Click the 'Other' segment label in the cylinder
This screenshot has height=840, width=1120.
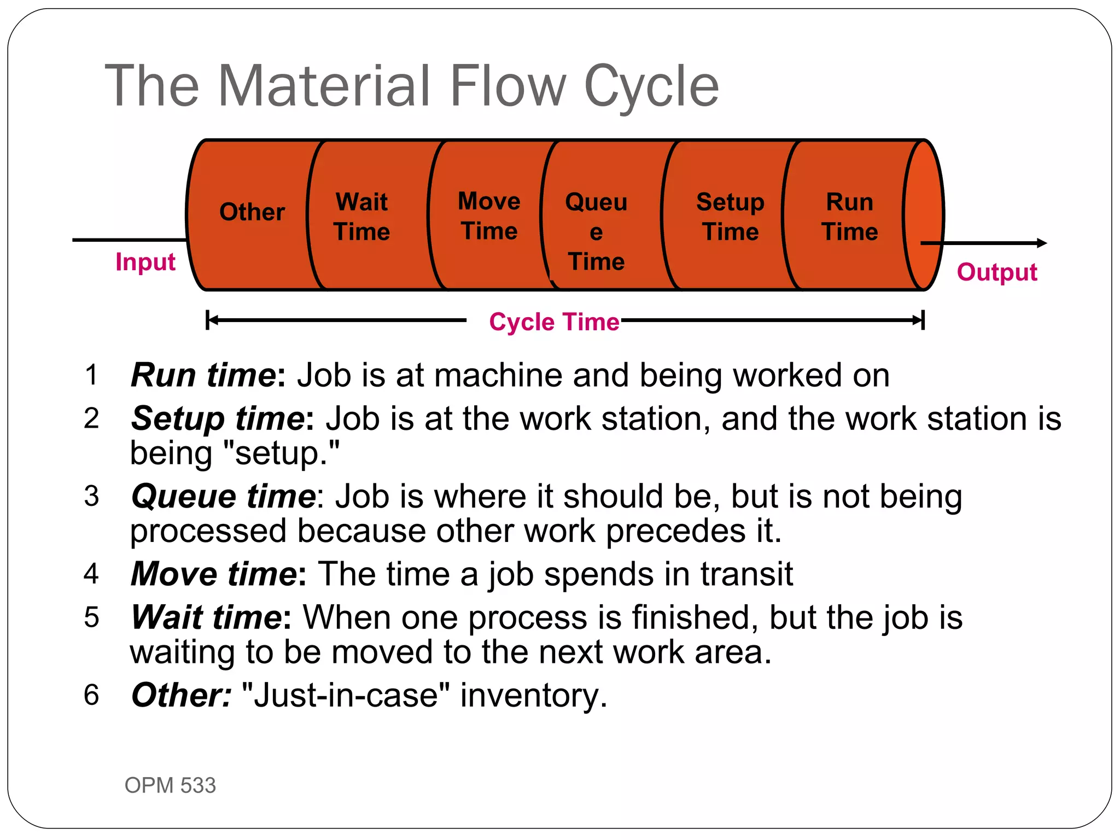click(252, 212)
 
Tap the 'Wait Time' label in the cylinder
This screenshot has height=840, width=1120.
click(361, 217)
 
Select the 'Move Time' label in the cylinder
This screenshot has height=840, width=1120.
click(489, 216)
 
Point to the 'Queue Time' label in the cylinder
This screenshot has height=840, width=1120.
click(596, 231)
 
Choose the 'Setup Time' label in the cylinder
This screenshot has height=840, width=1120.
click(730, 217)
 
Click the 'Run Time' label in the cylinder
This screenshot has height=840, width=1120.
click(849, 217)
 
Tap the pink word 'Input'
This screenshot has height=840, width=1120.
click(145, 262)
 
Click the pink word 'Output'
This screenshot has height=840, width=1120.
click(996, 272)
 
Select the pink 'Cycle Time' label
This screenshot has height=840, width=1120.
click(554, 322)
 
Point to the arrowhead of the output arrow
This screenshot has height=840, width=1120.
click(1042, 243)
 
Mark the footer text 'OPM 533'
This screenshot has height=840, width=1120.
click(170, 785)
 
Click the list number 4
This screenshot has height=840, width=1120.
click(91, 574)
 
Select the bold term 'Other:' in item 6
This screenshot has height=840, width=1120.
click(182, 695)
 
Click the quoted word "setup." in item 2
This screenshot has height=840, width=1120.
click(282, 454)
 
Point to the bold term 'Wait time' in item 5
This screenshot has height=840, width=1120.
click(207, 617)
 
